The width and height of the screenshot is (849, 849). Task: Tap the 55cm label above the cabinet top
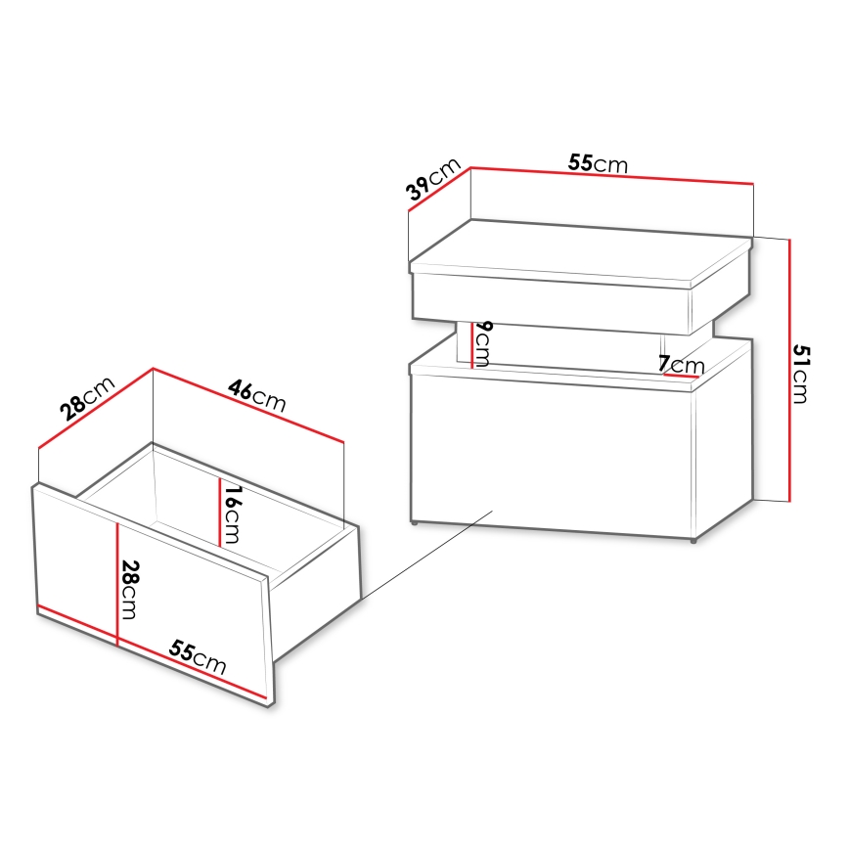point(598,163)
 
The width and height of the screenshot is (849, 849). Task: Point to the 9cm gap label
point(482,342)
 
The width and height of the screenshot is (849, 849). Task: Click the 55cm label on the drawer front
point(198,659)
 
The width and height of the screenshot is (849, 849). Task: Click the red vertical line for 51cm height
point(788,370)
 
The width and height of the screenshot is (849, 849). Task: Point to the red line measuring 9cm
point(472,344)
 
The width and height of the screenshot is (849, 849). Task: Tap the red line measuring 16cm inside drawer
point(218,511)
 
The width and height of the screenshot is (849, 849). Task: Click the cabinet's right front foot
point(693,539)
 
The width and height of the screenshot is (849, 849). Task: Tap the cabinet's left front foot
point(418,525)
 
